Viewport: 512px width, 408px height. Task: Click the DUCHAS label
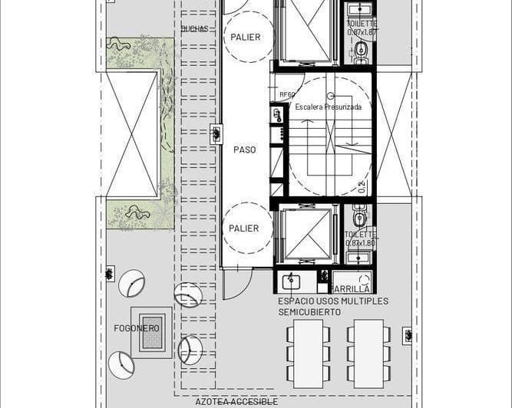tap(194, 29)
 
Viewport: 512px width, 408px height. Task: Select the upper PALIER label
tap(244, 37)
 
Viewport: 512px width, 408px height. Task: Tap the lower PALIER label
tap(244, 228)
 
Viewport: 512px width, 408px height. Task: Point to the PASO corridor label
tap(245, 150)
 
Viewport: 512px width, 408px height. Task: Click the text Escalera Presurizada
tap(329, 107)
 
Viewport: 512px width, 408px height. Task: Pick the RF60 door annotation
tap(287, 94)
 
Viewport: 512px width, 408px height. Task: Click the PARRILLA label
tap(351, 288)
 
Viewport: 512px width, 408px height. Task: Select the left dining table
tap(309, 353)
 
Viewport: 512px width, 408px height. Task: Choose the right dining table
tap(368, 353)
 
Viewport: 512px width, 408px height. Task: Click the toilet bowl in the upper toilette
tap(361, 51)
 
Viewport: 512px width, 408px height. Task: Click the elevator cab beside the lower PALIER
tap(306, 233)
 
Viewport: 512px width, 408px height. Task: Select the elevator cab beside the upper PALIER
tap(306, 31)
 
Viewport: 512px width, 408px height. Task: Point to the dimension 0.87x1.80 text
tap(359, 243)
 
